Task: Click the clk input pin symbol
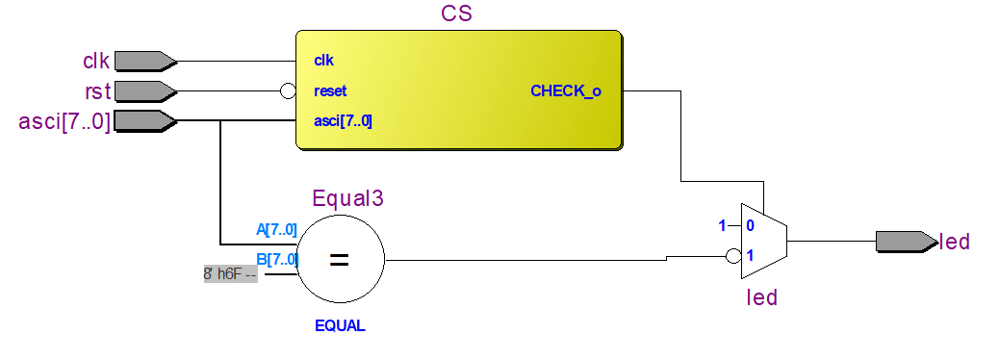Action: [144, 62]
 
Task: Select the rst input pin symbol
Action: [144, 91]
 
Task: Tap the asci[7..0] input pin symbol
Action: [144, 121]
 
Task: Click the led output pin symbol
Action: [905, 242]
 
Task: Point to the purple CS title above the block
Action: [456, 14]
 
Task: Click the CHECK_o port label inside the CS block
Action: [566, 91]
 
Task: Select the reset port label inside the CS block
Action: [330, 91]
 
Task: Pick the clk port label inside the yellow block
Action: [323, 61]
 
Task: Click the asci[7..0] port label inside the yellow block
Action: [343, 121]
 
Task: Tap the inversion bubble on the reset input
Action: [287, 91]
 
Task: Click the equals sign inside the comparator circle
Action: [340, 259]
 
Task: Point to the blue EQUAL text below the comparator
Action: [340, 325]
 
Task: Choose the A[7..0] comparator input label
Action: [276, 229]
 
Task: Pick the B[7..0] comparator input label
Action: [276, 259]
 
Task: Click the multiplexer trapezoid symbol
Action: [763, 241]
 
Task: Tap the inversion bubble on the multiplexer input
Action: [733, 257]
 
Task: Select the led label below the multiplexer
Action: [762, 297]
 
